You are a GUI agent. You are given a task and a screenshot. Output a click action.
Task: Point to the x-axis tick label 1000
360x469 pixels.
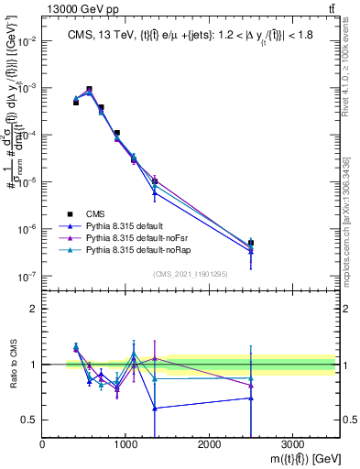(126, 444)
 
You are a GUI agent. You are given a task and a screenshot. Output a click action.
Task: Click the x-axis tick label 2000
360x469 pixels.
(209, 444)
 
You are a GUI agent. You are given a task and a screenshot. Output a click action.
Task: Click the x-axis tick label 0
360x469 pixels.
(43, 444)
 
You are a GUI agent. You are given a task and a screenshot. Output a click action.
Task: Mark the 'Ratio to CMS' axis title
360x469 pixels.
(13, 365)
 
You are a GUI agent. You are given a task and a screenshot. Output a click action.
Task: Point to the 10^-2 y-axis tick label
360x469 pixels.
(26, 41)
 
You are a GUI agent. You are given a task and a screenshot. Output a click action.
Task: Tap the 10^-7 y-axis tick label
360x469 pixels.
(26, 276)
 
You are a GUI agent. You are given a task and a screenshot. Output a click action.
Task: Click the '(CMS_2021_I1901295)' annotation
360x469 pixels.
(189, 274)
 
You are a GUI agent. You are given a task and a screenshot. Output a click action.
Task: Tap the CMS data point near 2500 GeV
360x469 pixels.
(251, 244)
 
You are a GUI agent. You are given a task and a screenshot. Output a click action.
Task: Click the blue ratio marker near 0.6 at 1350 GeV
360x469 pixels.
(155, 408)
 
